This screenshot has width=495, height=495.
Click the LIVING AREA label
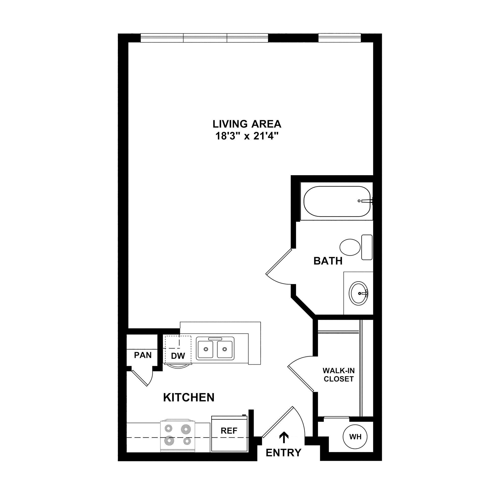pos(247,124)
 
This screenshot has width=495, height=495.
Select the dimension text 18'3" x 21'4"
pos(247,136)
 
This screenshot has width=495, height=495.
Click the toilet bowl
pos(350,247)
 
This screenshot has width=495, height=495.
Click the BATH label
pos(328,261)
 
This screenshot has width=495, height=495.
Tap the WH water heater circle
pos(355,437)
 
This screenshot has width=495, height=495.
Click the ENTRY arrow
pos(284,437)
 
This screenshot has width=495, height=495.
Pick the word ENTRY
pos(283,453)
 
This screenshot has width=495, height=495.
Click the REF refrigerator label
pos(229,430)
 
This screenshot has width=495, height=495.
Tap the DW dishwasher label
pos(178,356)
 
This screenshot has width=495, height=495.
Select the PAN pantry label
pos(143,355)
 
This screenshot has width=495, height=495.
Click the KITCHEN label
pos(189,397)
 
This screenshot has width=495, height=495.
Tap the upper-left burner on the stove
pos(169,428)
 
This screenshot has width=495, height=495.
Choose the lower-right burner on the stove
pos(187,441)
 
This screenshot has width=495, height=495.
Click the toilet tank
pos(367,247)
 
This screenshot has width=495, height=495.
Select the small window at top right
pos(339,38)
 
